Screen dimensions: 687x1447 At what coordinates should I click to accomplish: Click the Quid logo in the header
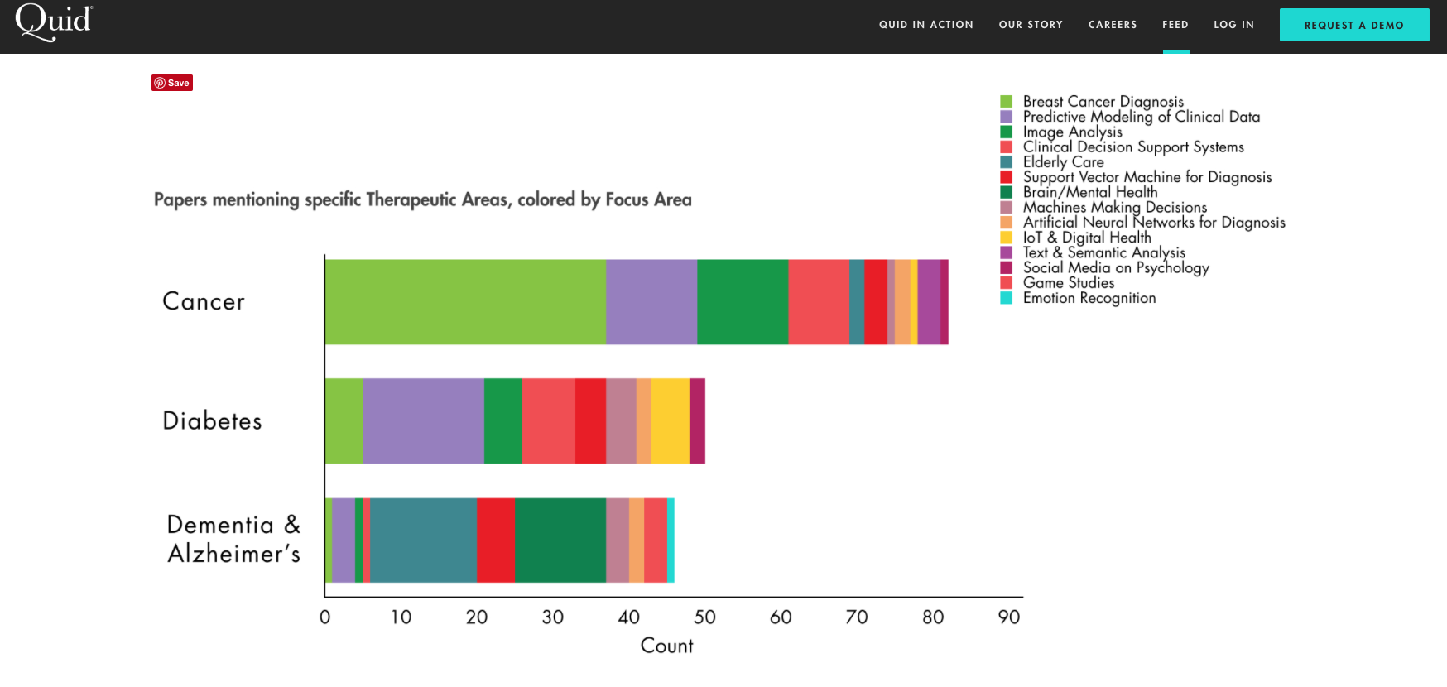(x=54, y=22)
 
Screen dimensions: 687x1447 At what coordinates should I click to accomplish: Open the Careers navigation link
(x=1113, y=25)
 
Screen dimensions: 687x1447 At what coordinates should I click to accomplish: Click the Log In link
(x=1233, y=25)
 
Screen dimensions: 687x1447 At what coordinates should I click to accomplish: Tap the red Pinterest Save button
(x=172, y=83)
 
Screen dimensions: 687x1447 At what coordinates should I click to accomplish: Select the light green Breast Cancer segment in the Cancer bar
(x=464, y=302)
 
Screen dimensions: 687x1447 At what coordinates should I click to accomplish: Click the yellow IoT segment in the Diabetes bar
(x=670, y=420)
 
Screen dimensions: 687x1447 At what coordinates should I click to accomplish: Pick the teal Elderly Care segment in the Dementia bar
(x=423, y=540)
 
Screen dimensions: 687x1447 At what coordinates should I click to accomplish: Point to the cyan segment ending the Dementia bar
(x=671, y=540)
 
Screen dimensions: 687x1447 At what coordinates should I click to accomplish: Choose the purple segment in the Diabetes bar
(x=423, y=420)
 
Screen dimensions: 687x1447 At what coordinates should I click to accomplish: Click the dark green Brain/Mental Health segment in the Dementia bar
(x=560, y=540)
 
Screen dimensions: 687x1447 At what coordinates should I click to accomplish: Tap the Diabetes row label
(x=212, y=421)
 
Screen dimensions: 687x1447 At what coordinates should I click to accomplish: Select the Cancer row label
(x=204, y=302)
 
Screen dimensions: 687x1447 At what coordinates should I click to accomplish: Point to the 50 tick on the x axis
(x=704, y=617)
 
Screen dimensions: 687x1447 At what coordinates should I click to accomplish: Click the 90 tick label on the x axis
(x=1008, y=617)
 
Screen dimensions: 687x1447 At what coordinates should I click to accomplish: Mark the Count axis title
(x=666, y=646)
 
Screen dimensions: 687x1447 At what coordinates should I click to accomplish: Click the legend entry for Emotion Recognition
(x=1089, y=298)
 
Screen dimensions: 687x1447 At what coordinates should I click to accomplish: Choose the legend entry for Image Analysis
(x=1072, y=132)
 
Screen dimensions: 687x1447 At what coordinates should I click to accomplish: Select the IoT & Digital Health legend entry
(x=1086, y=238)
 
